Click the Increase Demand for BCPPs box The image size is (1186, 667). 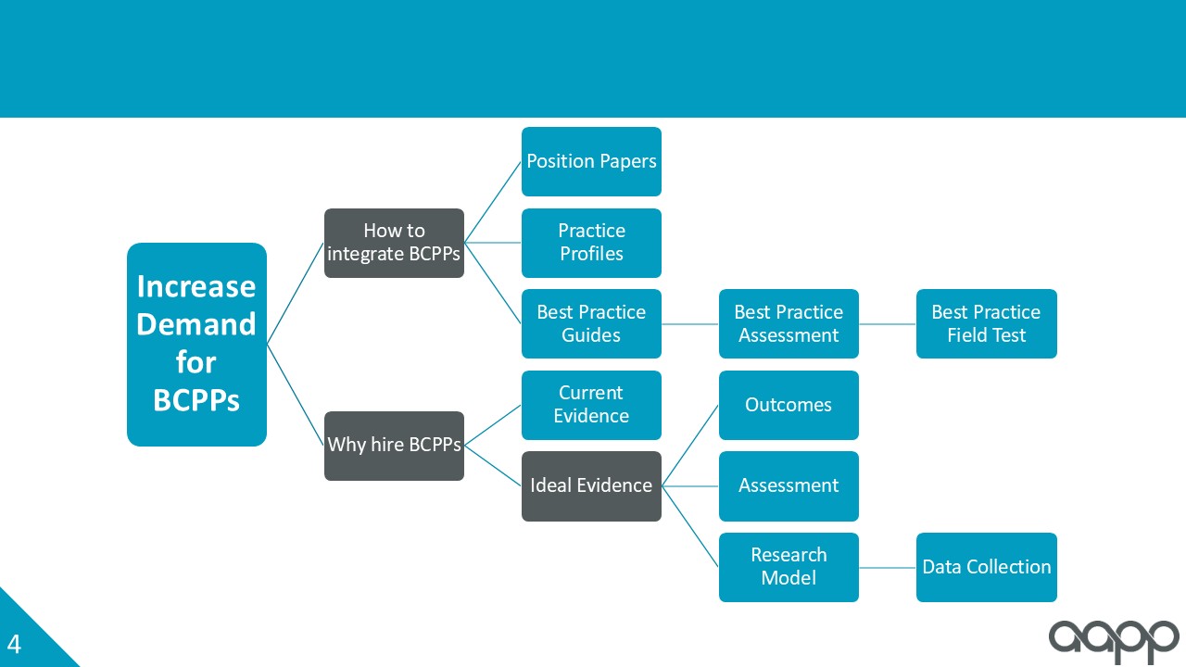point(197,345)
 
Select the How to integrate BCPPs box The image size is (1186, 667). point(395,243)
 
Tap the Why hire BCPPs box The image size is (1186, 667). point(395,446)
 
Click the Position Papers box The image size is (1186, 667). point(591,161)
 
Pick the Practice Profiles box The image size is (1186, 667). point(591,243)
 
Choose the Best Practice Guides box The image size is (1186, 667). point(591,323)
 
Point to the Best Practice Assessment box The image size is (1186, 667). point(789,323)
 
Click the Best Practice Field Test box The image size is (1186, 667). point(987,323)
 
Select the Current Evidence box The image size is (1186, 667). point(591,405)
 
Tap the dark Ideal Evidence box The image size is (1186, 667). point(591,486)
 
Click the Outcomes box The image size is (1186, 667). point(789,405)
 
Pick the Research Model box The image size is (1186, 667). point(789,567)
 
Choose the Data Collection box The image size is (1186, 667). point(987,567)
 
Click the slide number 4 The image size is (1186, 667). point(14,644)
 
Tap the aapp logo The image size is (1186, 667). point(1114,642)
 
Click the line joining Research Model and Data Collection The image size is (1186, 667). point(888,568)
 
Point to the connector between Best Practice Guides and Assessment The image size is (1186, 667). point(690,324)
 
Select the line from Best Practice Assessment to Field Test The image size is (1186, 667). point(888,324)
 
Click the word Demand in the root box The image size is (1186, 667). point(196,324)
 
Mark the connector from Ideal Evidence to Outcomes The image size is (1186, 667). point(690,446)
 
